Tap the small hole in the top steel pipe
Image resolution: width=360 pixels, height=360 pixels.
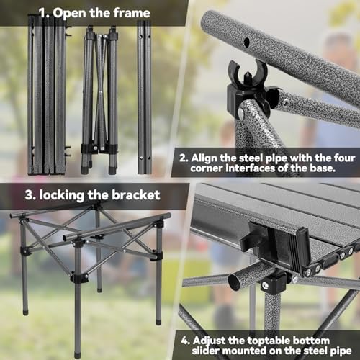247,42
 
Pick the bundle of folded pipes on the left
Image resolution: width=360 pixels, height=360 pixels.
47,97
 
